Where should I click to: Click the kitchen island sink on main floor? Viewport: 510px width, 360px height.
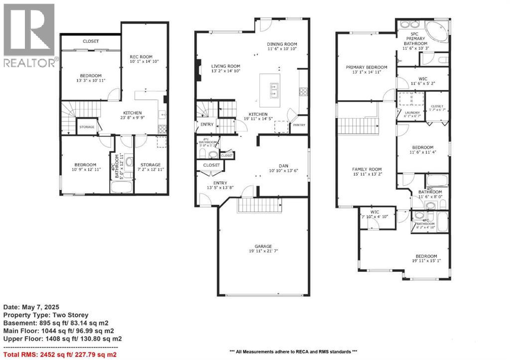[x=273, y=90]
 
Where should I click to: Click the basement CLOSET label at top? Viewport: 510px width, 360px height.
[x=91, y=41]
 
